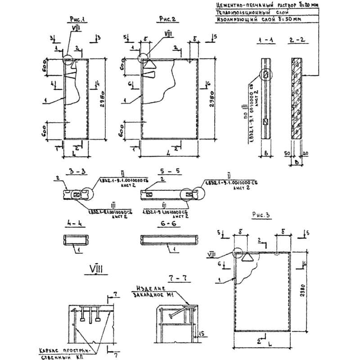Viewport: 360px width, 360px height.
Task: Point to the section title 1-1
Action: [265, 41]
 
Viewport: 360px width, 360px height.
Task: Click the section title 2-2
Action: [297, 41]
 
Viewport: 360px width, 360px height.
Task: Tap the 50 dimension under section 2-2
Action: [288, 153]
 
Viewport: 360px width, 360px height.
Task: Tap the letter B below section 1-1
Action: [266, 154]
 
